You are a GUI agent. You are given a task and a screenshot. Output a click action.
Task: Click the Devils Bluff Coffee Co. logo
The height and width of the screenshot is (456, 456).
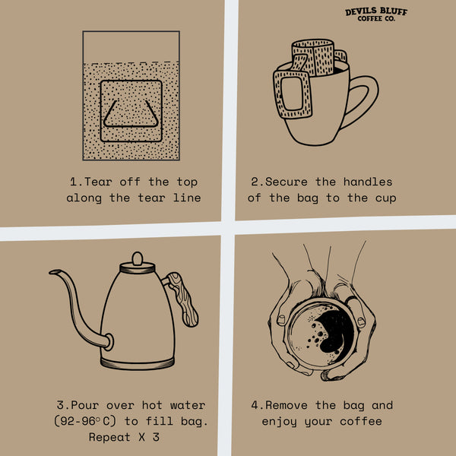coord(376,14)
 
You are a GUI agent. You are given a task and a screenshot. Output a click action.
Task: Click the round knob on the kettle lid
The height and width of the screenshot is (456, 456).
coord(138,258)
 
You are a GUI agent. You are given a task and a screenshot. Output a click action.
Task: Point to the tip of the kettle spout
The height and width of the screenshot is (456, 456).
coord(50,272)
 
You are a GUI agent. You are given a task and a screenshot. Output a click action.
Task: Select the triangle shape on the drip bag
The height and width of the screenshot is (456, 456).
coord(131,115)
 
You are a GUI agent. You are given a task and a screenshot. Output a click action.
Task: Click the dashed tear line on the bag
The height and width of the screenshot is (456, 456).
coord(131,62)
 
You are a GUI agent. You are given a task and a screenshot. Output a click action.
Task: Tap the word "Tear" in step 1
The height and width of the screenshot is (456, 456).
coord(98,182)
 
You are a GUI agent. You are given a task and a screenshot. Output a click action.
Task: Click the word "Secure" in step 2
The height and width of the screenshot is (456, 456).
coord(287,182)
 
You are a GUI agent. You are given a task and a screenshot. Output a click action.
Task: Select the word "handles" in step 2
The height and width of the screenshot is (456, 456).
coord(368,182)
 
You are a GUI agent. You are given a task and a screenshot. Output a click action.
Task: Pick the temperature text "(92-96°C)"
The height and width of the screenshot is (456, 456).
coord(85,421)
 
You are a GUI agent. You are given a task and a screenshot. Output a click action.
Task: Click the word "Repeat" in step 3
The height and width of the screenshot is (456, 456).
coord(109,438)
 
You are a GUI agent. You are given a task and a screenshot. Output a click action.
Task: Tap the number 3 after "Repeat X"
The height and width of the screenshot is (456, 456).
coord(156,437)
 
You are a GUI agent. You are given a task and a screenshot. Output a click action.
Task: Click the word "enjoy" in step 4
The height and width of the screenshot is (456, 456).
coord(279,422)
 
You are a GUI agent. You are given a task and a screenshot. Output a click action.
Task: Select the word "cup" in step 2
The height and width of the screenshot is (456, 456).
coord(385,198)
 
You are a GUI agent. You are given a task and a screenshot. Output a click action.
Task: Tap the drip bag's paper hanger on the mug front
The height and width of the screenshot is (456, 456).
coord(292,93)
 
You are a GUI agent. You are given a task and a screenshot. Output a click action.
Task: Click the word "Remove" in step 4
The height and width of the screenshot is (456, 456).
coord(287,405)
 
